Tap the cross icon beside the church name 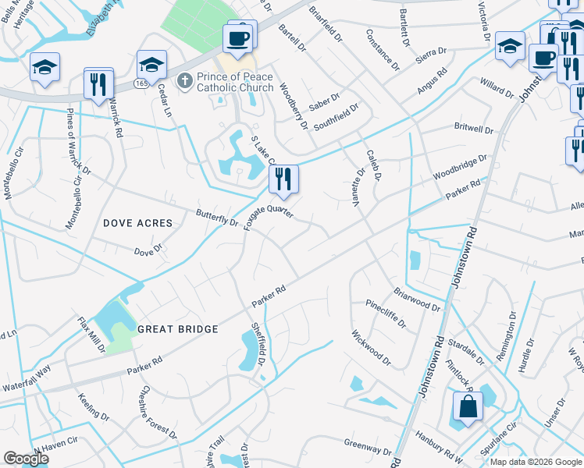click(x=184, y=80)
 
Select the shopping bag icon click(x=468, y=407)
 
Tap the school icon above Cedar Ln click(x=151, y=66)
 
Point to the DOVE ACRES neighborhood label click(x=137, y=223)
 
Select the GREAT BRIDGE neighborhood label click(x=178, y=329)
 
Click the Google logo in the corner click(x=26, y=459)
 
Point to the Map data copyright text click(x=536, y=462)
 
